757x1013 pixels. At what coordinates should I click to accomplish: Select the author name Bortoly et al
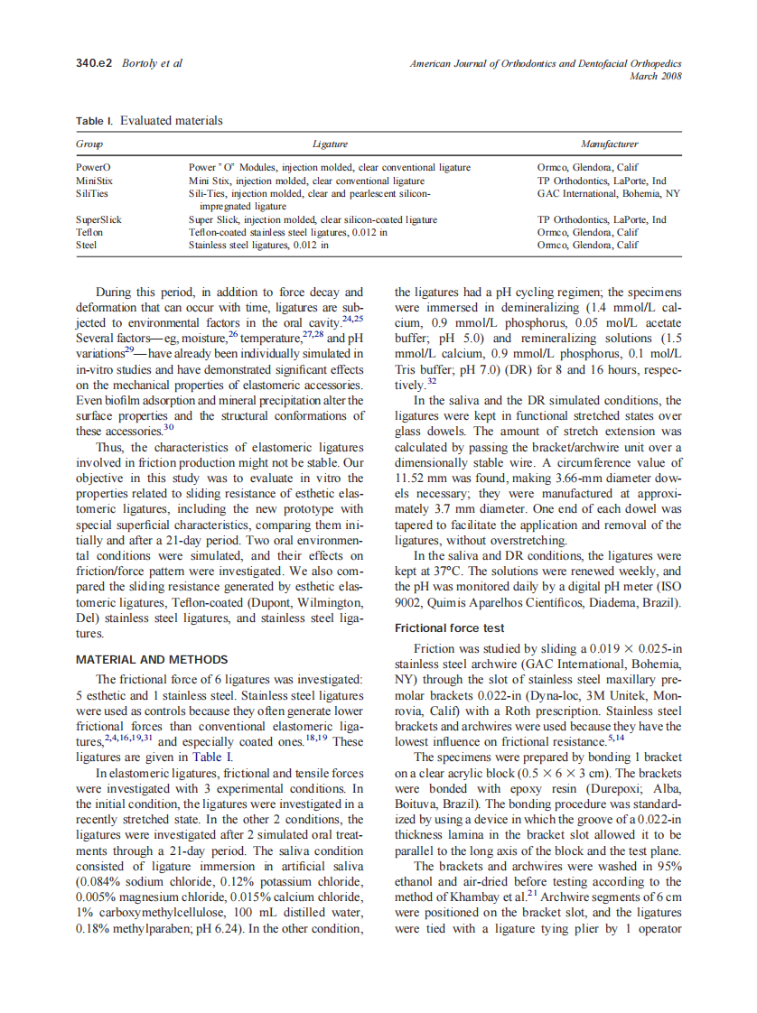pyautogui.click(x=152, y=63)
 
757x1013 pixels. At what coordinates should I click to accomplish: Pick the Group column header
pyautogui.click(x=89, y=144)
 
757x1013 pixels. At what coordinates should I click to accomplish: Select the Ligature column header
pyautogui.click(x=330, y=144)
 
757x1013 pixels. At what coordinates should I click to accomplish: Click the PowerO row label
pyautogui.click(x=93, y=167)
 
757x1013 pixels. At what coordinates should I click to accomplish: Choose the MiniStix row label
pyautogui.click(x=94, y=181)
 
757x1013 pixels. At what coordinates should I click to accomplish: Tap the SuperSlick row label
pyautogui.click(x=98, y=219)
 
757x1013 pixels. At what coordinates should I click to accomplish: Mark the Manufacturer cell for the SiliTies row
pyautogui.click(x=608, y=193)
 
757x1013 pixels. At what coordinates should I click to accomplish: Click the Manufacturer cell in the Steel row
pyautogui.click(x=587, y=245)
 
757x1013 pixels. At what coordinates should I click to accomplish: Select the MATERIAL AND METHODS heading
pyautogui.click(x=152, y=660)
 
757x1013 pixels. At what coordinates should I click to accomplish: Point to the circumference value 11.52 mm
pyautogui.click(x=424, y=478)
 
